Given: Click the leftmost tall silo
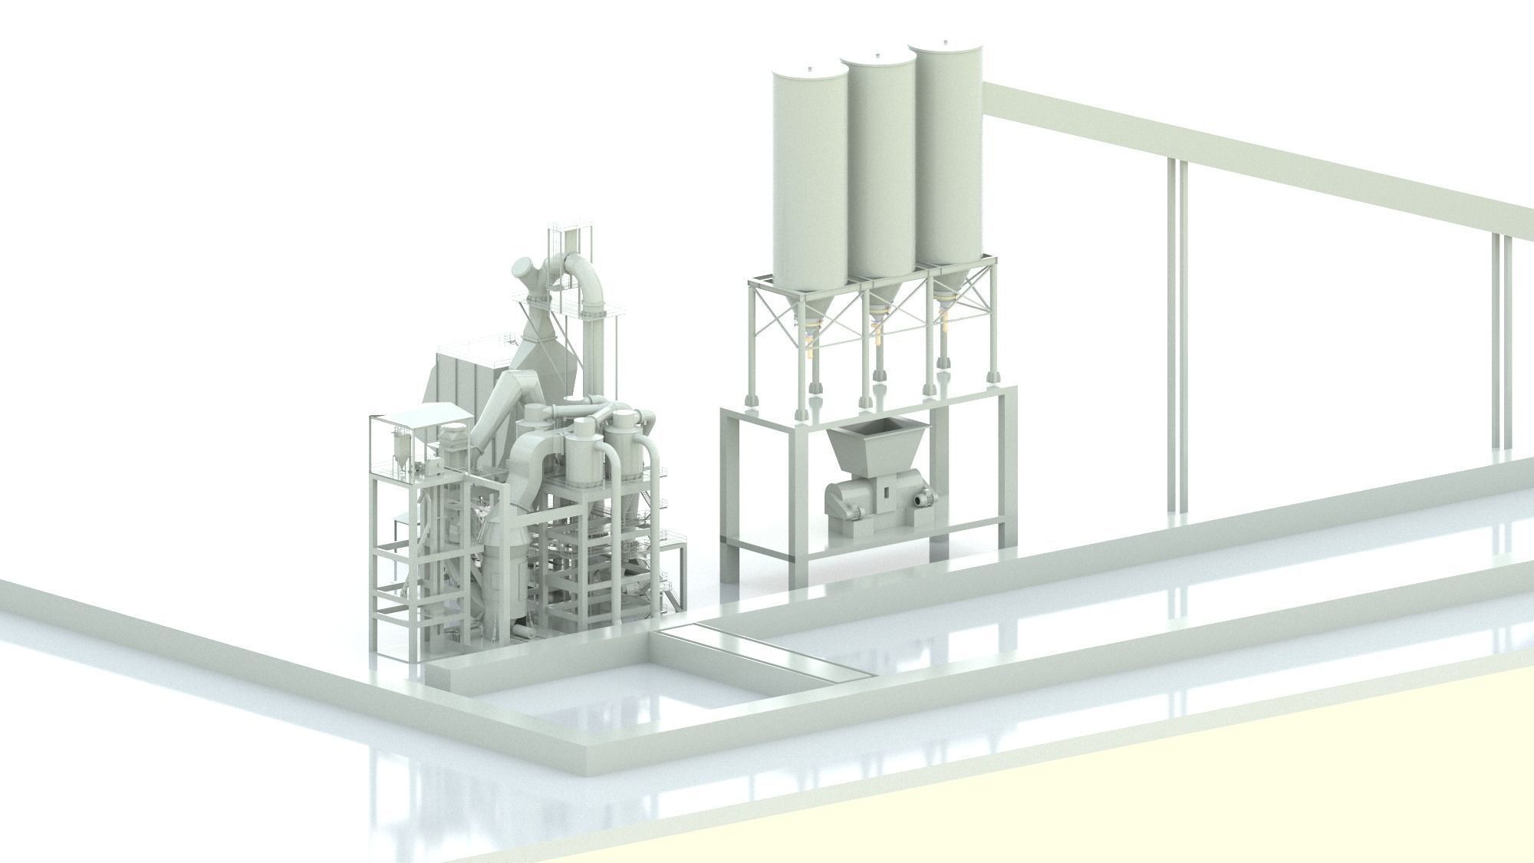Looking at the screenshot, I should (x=809, y=176).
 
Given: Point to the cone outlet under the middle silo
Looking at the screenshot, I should (x=884, y=303).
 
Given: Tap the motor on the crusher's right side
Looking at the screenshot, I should (x=924, y=499).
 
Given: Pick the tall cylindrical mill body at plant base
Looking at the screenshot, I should (x=502, y=583).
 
